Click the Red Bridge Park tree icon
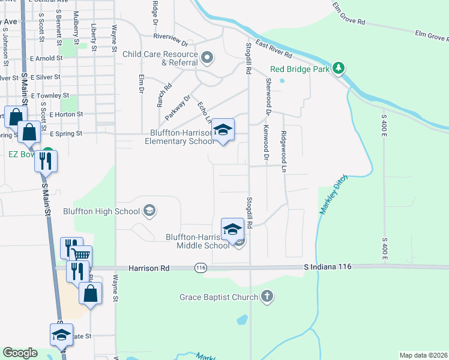click(339, 68)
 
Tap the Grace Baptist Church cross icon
click(268, 296)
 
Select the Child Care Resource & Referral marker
click(207, 58)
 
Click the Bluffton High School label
click(101, 211)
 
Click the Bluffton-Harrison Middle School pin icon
click(232, 229)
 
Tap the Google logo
click(20, 353)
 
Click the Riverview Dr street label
click(170, 41)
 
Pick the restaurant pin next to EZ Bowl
click(45, 161)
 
